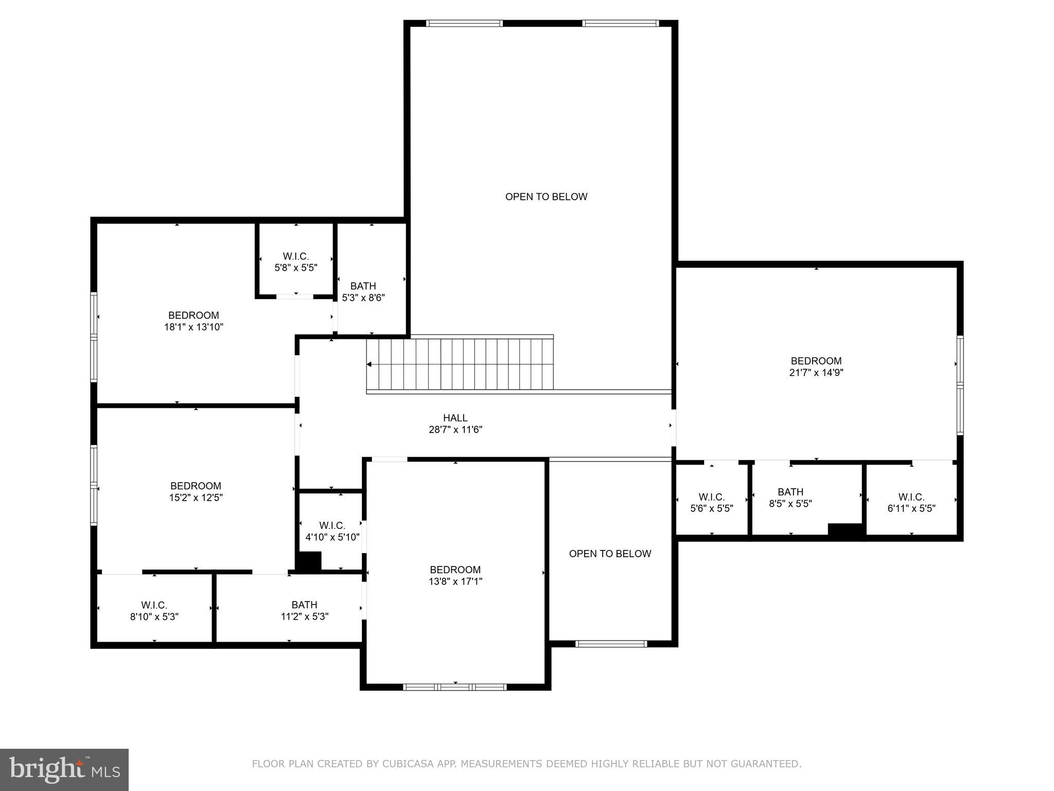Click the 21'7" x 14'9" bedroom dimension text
[x=816, y=373]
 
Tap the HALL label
[x=455, y=418]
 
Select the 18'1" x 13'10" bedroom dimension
[x=194, y=327]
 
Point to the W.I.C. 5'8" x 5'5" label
[x=296, y=262]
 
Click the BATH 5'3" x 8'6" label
[x=363, y=292]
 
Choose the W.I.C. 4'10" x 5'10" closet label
[x=332, y=531]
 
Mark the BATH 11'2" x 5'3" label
[x=304, y=611]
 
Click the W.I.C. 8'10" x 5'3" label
[x=154, y=611]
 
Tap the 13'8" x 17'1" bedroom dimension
[x=455, y=582]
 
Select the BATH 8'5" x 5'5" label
[x=790, y=498]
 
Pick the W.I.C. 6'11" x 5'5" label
[x=911, y=503]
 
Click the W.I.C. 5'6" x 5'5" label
[x=712, y=503]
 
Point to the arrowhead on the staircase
[x=369, y=365]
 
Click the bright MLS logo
[x=64, y=770]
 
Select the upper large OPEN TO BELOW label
[x=546, y=197]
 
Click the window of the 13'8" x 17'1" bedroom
[x=455, y=686]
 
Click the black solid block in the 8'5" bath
[x=845, y=530]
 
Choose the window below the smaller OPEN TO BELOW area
[x=611, y=643]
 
